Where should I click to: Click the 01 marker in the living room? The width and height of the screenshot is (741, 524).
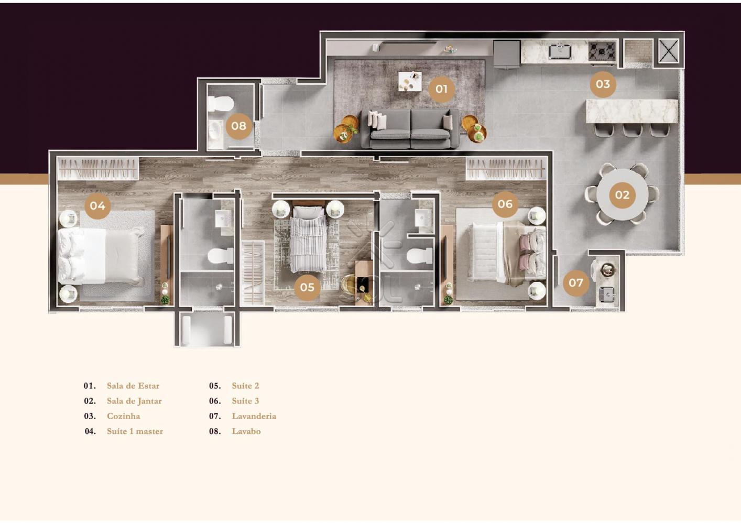pos(441,89)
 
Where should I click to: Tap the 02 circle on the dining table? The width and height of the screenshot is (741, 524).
pos(622,195)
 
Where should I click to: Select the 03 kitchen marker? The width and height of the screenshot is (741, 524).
pos(603,84)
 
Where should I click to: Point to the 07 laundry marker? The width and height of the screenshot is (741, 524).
pos(576,282)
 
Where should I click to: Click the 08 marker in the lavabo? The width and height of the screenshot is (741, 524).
pos(238,126)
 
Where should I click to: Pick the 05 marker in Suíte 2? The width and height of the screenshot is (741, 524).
pos(307,287)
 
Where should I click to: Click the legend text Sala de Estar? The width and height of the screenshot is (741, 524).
pos(133,386)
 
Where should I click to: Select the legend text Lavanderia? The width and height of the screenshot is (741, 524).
pos(254,416)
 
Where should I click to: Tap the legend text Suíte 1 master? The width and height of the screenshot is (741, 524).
pos(135,431)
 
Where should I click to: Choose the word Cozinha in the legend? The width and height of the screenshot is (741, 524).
pos(123,416)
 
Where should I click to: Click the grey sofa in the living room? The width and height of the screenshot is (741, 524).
pos(410,129)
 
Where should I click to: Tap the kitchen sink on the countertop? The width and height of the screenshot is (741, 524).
pos(560,52)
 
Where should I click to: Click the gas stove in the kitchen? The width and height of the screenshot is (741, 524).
pos(602,51)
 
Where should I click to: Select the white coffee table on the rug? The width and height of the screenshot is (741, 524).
pos(410,81)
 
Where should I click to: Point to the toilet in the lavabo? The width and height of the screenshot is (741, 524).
pos(221,104)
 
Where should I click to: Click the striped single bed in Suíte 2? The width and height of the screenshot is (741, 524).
pos(308,239)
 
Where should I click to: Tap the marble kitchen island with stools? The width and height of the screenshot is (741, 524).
pos(632,111)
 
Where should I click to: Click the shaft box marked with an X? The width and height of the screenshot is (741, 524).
pos(669,51)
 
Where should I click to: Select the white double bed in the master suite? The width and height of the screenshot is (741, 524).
pos(101,255)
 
